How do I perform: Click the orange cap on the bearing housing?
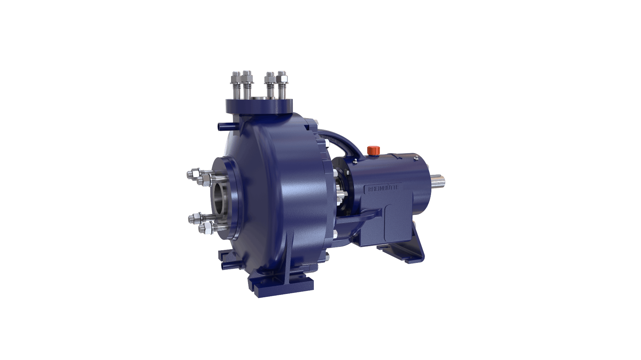click(x=372, y=150)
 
